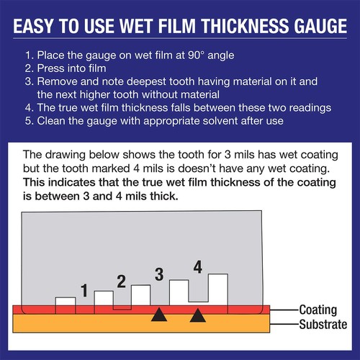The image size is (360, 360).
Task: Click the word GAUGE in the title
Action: (x=312, y=29)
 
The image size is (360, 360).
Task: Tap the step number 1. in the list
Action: (x=29, y=55)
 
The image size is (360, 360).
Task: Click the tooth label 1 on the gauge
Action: (x=84, y=291)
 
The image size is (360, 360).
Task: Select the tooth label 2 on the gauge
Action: (x=122, y=282)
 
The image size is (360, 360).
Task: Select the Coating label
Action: (x=318, y=310)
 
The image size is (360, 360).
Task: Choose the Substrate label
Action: (x=323, y=323)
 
